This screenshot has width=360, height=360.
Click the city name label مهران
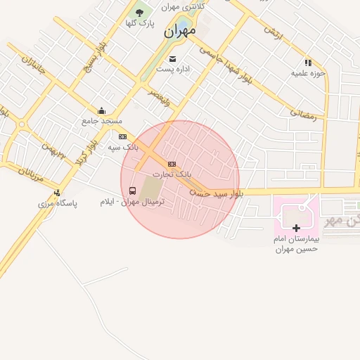click(179, 32)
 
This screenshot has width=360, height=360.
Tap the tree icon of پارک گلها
click(139, 12)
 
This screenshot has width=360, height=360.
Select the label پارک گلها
click(139, 23)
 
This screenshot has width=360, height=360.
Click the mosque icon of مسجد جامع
click(102, 110)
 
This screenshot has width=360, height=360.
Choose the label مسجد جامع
click(102, 121)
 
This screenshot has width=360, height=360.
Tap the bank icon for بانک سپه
click(123, 137)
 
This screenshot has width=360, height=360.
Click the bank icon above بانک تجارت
click(172, 163)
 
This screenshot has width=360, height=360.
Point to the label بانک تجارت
click(172, 174)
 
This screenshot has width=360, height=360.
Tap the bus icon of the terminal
click(133, 191)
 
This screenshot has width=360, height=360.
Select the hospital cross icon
click(296, 228)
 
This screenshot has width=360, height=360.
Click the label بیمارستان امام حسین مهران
click(296, 244)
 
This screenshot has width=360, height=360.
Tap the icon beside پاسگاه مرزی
click(57, 193)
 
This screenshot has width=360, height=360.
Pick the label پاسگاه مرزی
click(58, 203)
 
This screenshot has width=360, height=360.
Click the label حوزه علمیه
click(308, 73)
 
